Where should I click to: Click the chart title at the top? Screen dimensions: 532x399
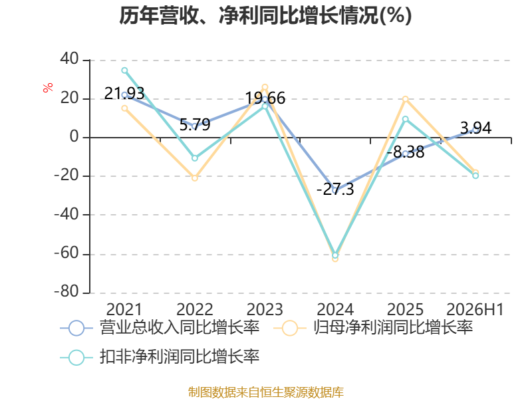pyautogui.click(x=265, y=15)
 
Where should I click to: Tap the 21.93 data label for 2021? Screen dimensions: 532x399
pyautogui.click(x=124, y=93)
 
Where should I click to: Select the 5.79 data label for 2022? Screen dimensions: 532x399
pyautogui.click(x=195, y=124)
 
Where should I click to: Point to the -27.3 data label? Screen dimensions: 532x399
pyautogui.click(x=335, y=189)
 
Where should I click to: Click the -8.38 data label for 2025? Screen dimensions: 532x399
pyautogui.click(x=406, y=152)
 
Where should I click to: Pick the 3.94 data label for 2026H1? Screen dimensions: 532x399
pyautogui.click(x=475, y=128)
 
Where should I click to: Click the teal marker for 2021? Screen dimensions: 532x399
pyautogui.click(x=124, y=70)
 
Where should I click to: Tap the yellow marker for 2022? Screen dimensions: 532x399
pyautogui.click(x=195, y=178)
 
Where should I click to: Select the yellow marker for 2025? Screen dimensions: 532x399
pyautogui.click(x=406, y=99)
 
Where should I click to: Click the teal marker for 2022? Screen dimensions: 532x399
pyautogui.click(x=195, y=158)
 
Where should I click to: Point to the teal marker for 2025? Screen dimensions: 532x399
pyautogui.click(x=406, y=119)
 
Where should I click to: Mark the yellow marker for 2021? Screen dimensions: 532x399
pyautogui.click(x=124, y=108)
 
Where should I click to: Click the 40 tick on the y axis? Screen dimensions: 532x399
pyautogui.click(x=69, y=59)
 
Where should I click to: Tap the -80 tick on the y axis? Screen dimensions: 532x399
pyautogui.click(x=66, y=292)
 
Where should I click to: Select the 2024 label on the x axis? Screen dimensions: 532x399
pyautogui.click(x=335, y=309)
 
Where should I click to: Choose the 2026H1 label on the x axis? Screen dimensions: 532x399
pyautogui.click(x=475, y=309)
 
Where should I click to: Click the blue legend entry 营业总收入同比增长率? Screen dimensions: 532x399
pyautogui.click(x=160, y=328)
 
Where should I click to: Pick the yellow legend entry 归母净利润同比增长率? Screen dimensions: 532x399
pyautogui.click(x=373, y=328)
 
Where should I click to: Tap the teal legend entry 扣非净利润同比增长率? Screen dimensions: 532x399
pyautogui.click(x=160, y=357)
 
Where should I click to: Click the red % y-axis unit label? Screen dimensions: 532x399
pyautogui.click(x=48, y=88)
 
